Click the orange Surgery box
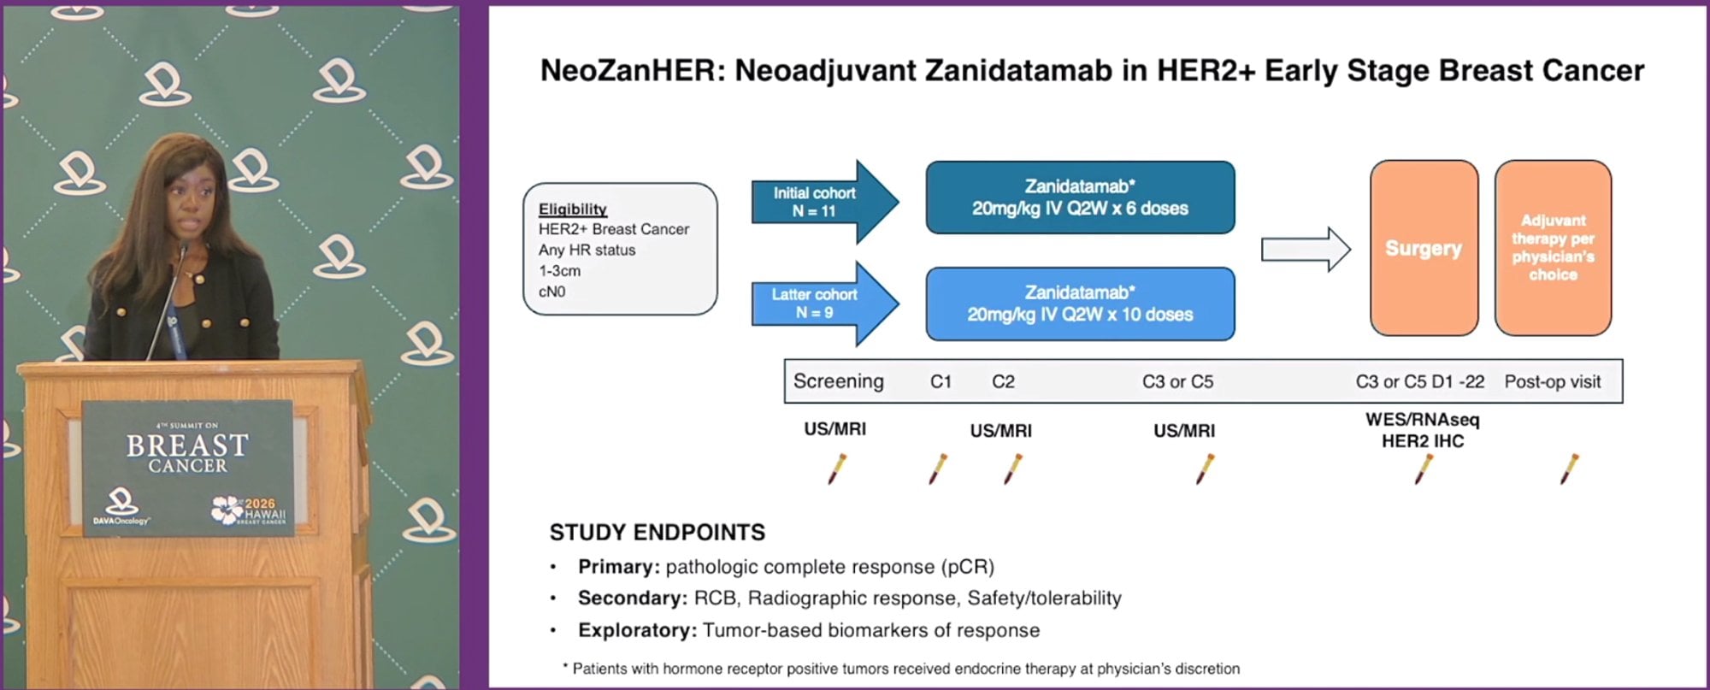[1424, 248]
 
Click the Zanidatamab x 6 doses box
[1080, 198]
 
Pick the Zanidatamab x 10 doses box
[1080, 304]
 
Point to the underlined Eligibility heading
[573, 209]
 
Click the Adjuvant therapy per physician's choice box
[1553, 248]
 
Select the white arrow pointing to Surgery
[1306, 250]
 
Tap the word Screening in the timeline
[838, 381]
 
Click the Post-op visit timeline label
[1553, 381]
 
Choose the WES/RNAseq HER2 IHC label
[1423, 430]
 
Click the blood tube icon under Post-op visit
[1569, 469]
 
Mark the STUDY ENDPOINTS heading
[657, 533]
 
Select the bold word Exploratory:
[638, 630]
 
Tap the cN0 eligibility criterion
[551, 292]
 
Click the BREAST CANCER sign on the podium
[188, 451]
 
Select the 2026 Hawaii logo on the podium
[249, 510]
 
